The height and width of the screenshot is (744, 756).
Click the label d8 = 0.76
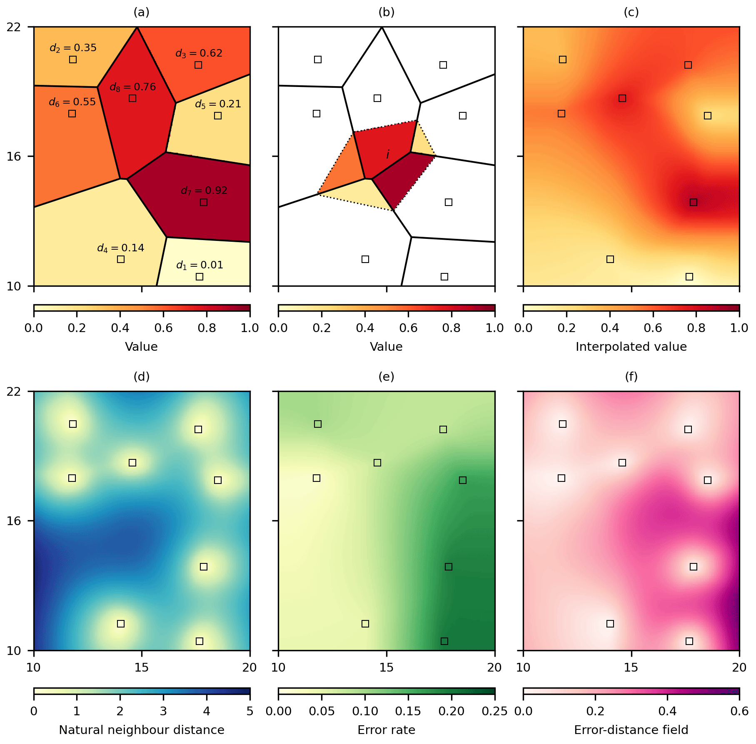(132, 87)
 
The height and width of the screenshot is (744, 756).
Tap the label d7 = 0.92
(204, 191)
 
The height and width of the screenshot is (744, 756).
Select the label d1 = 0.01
(200, 265)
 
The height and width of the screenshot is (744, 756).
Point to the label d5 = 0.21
(218, 104)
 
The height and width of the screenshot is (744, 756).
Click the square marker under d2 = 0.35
(73, 60)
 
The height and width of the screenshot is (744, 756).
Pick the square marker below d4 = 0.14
(121, 259)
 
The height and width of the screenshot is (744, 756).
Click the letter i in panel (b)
(388, 154)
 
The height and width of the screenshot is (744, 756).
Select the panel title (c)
(631, 12)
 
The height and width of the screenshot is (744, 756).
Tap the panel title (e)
(386, 377)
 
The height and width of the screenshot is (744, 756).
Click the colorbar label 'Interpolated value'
(631, 347)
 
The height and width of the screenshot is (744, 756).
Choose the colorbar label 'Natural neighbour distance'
(142, 729)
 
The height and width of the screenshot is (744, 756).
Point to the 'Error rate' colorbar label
(386, 729)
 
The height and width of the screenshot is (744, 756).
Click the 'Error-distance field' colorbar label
(631, 729)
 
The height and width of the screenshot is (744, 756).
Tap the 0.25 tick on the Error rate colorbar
(494, 711)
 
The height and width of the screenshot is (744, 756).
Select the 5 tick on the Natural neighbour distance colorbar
(250, 711)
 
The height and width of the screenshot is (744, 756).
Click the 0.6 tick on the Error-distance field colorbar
(739, 711)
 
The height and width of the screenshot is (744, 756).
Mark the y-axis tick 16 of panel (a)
(14, 156)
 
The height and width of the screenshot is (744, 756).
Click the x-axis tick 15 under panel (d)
(142, 667)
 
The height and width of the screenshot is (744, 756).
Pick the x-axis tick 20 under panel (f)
(739, 667)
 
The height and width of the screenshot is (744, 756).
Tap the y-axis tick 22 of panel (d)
(14, 392)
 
